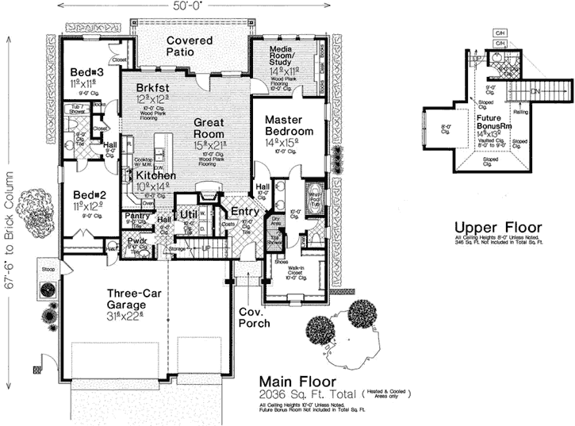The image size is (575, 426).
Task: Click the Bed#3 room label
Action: tap(84, 71)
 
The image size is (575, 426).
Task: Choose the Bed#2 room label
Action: tap(84, 194)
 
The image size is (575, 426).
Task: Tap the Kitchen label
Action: tap(155, 175)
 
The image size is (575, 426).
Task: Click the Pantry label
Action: tap(136, 216)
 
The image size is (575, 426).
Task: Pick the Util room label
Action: tap(188, 214)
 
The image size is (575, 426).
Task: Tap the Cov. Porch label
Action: tap(255, 317)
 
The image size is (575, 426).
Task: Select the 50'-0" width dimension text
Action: tap(186, 6)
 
